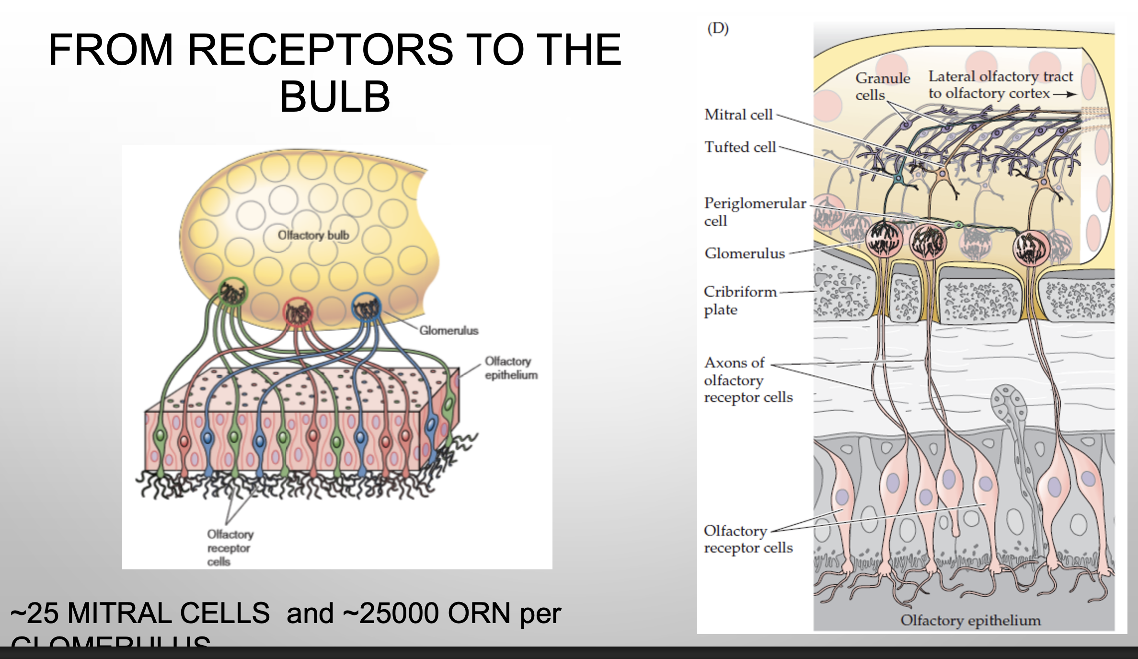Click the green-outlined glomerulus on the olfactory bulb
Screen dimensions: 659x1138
(x=233, y=292)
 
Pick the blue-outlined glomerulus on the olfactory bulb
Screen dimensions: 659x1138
(x=367, y=307)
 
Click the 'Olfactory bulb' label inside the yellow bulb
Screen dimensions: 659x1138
(x=313, y=235)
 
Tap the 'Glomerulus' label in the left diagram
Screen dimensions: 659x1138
(x=448, y=331)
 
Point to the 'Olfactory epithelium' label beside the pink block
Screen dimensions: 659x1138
(x=511, y=368)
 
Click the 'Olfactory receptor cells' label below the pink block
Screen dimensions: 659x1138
(x=230, y=548)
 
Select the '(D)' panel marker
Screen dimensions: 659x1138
(x=718, y=29)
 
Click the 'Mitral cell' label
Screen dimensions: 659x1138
(x=738, y=115)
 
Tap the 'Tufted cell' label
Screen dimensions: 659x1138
(x=740, y=147)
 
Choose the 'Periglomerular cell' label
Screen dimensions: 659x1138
(x=755, y=211)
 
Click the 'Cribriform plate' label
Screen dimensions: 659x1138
(x=739, y=301)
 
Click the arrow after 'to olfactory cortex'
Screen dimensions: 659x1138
(x=1065, y=94)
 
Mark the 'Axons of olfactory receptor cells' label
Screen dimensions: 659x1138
(x=747, y=380)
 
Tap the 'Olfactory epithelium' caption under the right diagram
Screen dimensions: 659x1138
(x=970, y=620)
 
